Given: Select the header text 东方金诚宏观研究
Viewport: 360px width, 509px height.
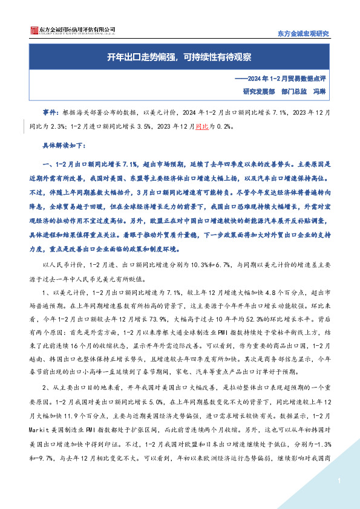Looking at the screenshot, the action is pyautogui.click(x=303, y=34).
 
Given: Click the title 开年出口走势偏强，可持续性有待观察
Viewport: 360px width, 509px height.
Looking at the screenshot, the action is pyautogui.click(x=179, y=57).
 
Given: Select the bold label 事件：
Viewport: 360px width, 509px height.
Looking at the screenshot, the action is pyautogui.click(x=51, y=113).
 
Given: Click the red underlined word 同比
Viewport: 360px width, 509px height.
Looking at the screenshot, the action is pyautogui.click(x=202, y=128).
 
